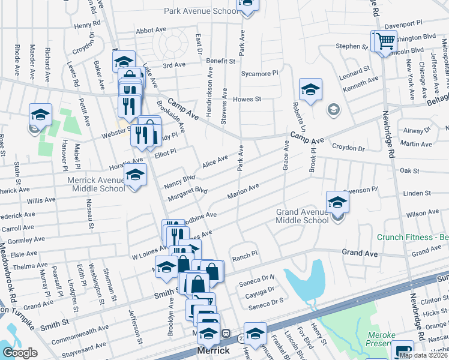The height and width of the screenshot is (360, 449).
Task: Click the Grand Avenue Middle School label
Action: click(x=302, y=216)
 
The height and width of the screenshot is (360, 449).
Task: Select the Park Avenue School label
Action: click(x=200, y=11)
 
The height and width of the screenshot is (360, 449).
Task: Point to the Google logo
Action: click(x=20, y=352)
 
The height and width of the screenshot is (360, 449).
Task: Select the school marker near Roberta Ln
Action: click(x=310, y=90)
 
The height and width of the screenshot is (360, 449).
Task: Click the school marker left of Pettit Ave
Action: click(x=41, y=114)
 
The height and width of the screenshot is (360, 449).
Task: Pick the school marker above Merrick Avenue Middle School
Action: click(x=135, y=175)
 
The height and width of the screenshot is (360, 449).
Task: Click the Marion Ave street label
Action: click(x=243, y=191)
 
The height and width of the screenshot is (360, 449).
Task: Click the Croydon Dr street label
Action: click(x=348, y=148)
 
